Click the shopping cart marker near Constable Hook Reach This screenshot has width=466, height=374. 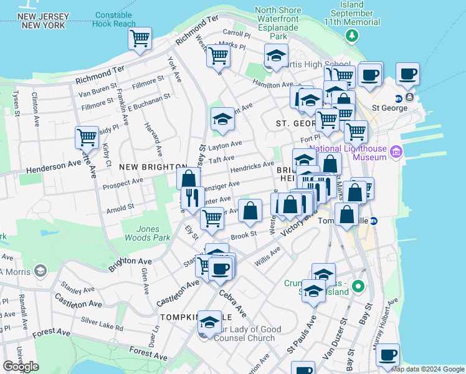[140, 39]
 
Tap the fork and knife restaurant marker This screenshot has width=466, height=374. [193, 199]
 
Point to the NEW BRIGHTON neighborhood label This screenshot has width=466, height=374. [145, 166]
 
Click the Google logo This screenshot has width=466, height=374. [21, 367]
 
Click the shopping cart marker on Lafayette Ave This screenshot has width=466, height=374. [87, 137]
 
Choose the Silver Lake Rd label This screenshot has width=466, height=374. [102, 322]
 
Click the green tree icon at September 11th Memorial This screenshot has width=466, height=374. [354, 36]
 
